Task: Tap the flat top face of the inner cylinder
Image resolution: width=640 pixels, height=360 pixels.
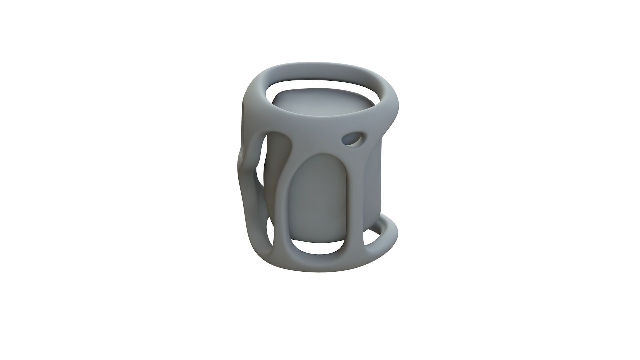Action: (x=320, y=107)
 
